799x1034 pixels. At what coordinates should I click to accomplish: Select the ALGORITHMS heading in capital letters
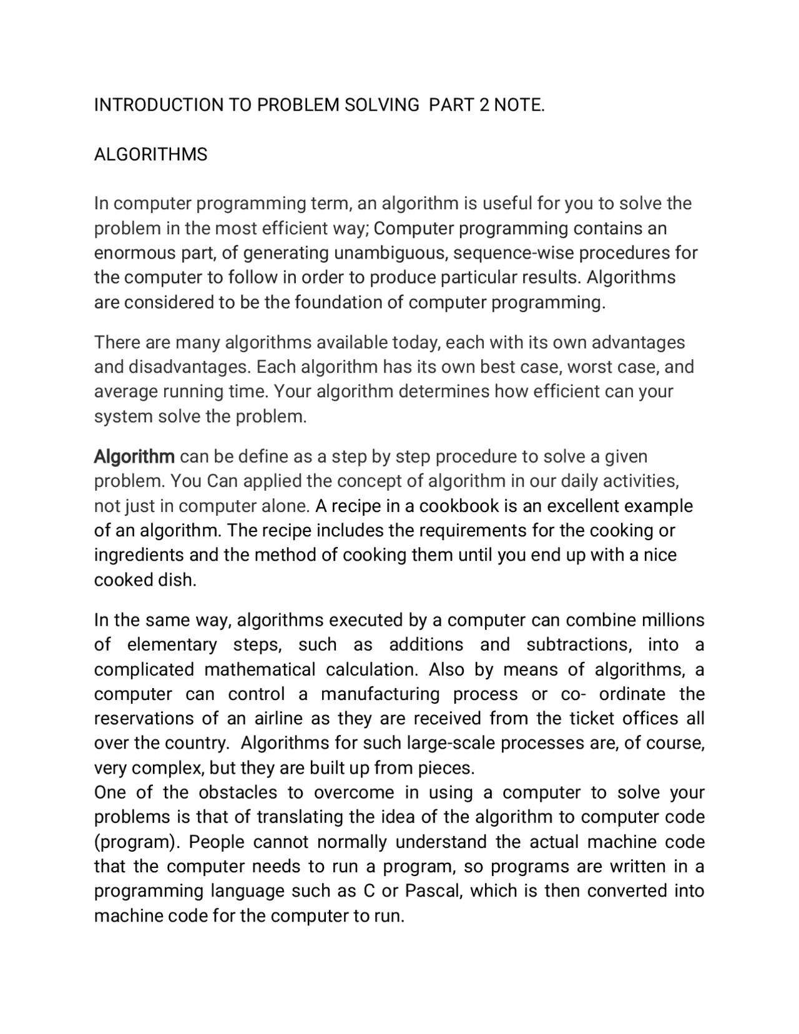pyautogui.click(x=150, y=154)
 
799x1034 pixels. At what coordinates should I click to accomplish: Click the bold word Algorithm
pyautogui.click(x=134, y=456)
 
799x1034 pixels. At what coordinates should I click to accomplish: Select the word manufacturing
pyautogui.click(x=380, y=694)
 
